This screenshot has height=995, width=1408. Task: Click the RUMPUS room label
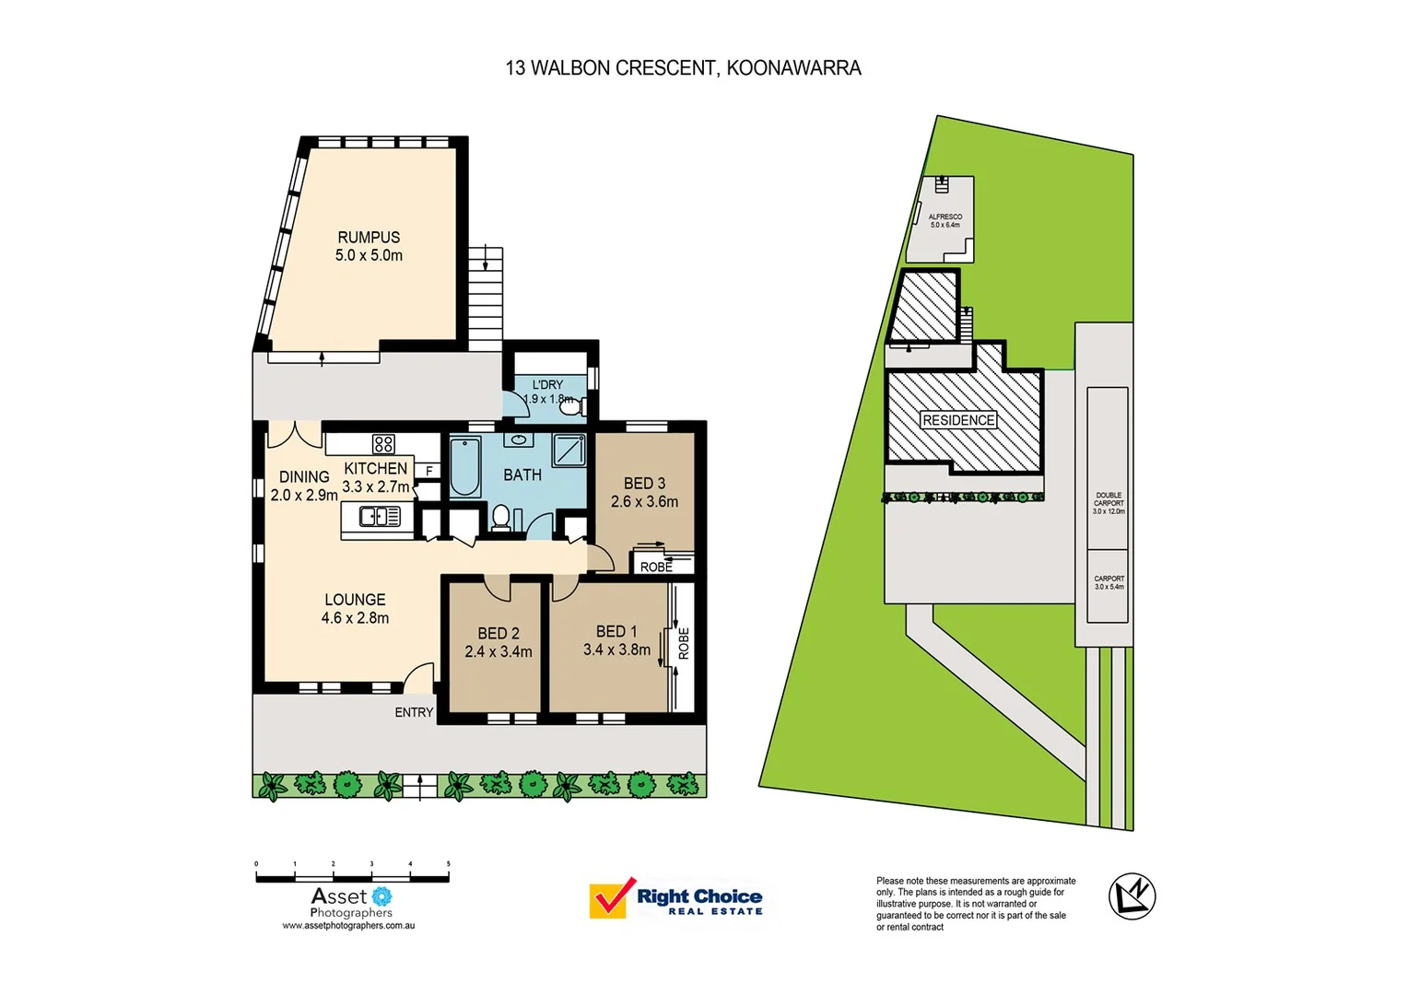point(369,238)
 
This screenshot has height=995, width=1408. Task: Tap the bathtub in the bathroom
point(464,467)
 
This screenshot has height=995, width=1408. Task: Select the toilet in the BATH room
point(501,518)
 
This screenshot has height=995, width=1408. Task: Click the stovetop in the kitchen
point(383,444)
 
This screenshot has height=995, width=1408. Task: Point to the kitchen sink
point(379,517)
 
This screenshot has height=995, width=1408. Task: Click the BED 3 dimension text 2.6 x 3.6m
point(644,502)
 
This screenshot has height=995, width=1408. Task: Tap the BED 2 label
point(499,634)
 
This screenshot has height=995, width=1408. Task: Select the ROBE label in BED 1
point(684,643)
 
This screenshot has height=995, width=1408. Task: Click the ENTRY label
point(414,712)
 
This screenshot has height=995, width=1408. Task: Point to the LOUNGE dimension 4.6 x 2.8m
point(355,618)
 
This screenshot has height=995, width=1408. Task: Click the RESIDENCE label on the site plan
point(958,420)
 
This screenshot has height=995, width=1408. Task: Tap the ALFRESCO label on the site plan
point(945,217)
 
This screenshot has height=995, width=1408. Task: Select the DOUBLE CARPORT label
point(1109,499)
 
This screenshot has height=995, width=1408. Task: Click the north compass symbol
point(1132,895)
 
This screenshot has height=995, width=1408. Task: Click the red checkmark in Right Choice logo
point(610,897)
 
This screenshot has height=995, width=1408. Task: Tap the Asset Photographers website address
point(348,926)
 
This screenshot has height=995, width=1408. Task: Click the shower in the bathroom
point(569,451)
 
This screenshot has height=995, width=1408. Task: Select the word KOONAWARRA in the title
point(793,68)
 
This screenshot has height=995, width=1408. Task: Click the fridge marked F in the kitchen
point(428,471)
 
